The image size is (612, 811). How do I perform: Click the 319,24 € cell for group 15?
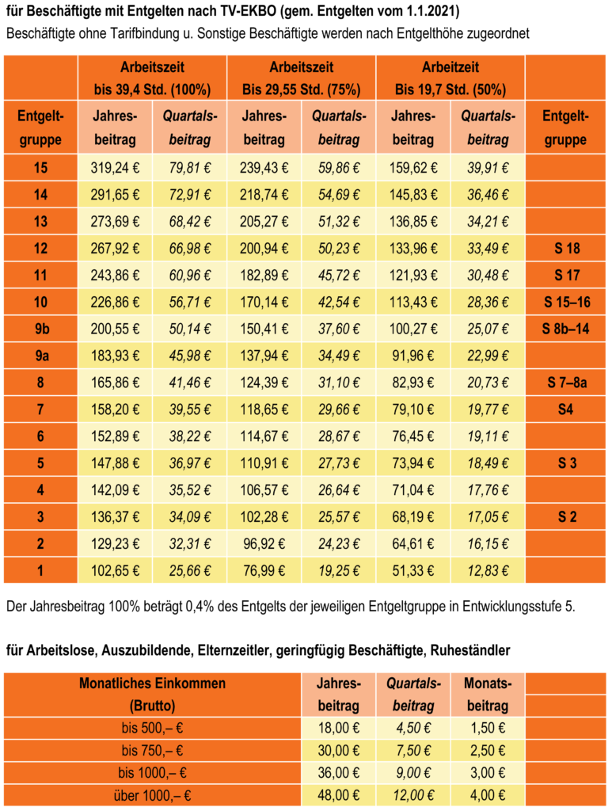point(115,168)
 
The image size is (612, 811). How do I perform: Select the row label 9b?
point(41,329)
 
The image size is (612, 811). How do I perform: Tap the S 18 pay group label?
point(567,249)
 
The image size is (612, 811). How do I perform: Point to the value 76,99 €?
point(264,571)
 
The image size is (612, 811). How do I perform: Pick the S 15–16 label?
point(567,303)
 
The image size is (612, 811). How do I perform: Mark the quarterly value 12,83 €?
point(488,571)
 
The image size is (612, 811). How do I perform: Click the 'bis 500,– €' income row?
point(153,729)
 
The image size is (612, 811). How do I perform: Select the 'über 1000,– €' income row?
point(153,795)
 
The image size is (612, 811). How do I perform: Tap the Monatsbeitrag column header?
point(488,695)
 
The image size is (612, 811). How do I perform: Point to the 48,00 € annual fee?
point(339,795)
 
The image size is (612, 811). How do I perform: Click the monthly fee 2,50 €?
point(488,751)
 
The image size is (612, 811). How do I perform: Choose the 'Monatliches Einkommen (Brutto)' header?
point(153,695)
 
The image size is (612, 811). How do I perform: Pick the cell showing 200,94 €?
point(264,249)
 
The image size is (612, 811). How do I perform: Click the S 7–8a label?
point(567,383)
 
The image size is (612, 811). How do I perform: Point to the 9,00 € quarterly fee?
point(413,773)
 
